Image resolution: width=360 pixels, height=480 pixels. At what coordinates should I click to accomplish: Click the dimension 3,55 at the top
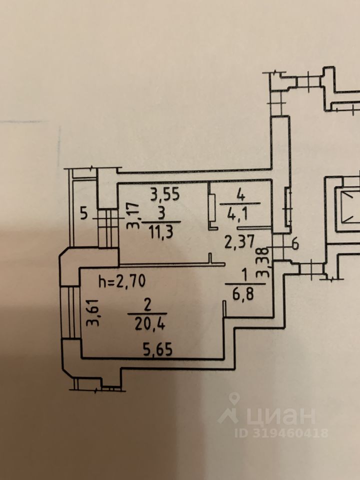pos(165,192)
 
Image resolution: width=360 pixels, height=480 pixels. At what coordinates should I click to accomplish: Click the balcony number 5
pos(83,215)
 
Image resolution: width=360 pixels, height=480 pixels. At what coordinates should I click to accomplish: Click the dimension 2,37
pos(236,244)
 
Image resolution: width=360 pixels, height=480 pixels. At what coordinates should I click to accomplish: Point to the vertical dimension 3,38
pos(267,262)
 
